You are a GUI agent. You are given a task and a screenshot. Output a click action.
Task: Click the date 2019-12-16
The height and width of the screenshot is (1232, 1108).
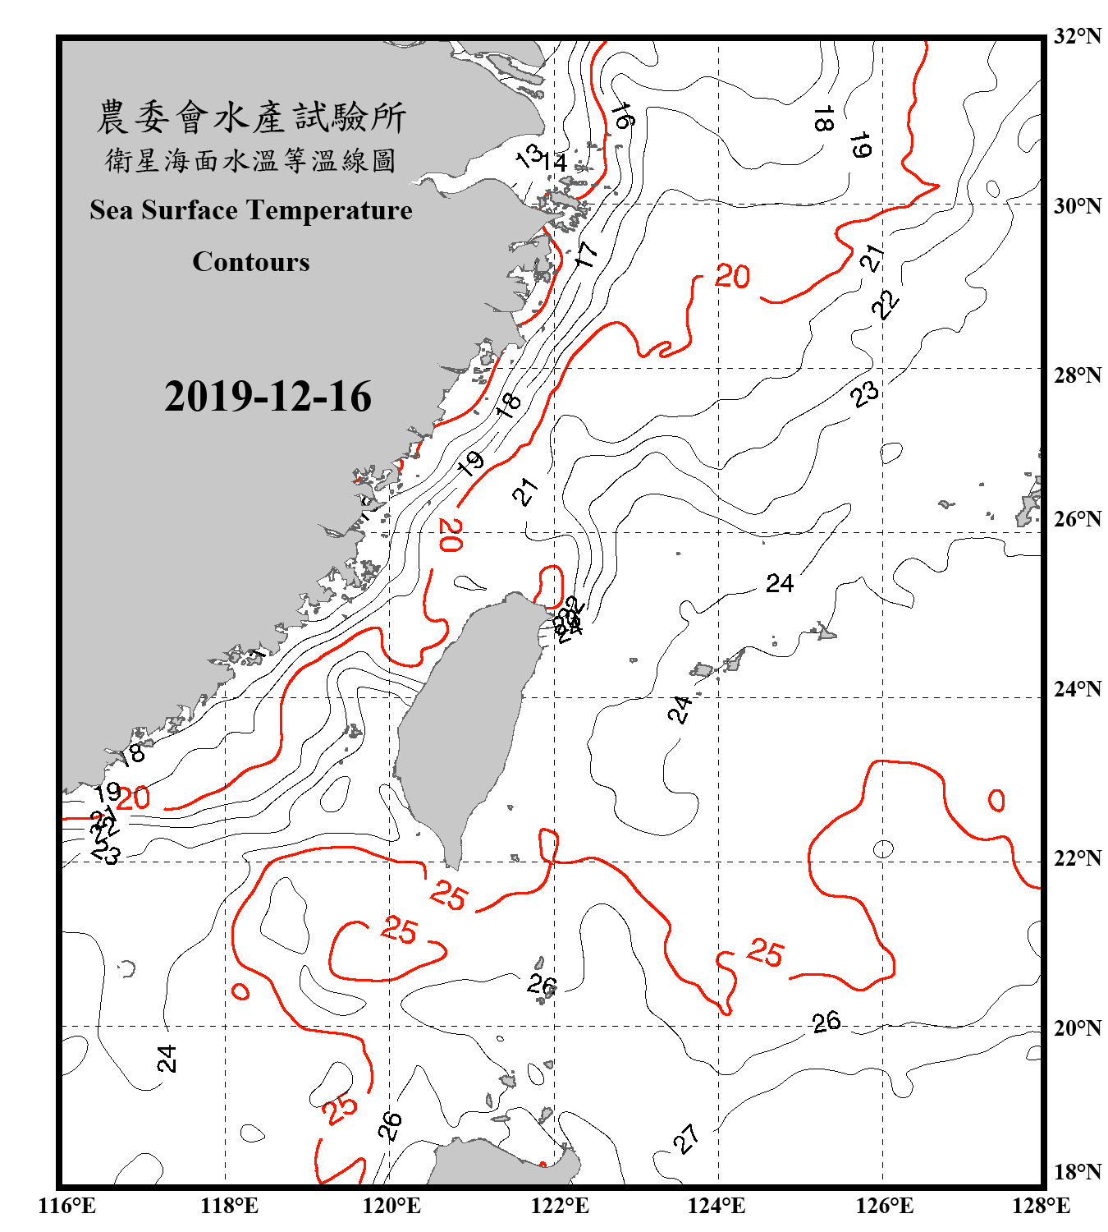268,397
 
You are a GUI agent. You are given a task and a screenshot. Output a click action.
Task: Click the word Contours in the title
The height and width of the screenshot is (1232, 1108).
251,261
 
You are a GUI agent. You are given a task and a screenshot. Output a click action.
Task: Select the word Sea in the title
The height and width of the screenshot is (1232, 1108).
113,210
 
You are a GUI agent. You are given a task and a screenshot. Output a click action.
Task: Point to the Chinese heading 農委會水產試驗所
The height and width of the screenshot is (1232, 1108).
251,117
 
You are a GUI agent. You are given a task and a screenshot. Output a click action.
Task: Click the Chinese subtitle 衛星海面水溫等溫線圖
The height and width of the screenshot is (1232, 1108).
251,160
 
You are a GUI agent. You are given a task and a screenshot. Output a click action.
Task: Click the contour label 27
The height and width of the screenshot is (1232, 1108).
686,1138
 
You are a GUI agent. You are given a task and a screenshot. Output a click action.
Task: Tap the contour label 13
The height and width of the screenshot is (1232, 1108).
529,154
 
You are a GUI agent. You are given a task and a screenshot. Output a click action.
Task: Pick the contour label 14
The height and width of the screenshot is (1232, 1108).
555,162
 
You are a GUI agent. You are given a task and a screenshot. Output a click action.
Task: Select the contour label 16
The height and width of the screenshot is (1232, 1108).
622,116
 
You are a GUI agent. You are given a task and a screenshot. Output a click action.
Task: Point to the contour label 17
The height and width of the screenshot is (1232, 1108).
587,254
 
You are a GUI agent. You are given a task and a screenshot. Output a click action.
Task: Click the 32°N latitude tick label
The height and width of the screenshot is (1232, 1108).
1077,36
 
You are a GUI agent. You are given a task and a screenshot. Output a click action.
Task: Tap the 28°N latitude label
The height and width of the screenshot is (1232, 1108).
1077,375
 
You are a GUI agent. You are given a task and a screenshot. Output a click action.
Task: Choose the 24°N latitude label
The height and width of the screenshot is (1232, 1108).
1077,689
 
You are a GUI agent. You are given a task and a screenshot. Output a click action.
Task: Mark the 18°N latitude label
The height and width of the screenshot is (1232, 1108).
1077,1172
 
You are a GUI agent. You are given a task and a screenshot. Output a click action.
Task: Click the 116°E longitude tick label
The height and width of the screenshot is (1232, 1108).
67,1206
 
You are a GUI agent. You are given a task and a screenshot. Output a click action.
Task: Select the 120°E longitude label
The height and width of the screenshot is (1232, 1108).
391,1206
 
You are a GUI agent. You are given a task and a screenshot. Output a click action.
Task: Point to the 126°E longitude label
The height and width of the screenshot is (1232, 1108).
884,1206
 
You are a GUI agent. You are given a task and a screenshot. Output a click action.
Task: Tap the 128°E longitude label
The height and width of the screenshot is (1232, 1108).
1041,1206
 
